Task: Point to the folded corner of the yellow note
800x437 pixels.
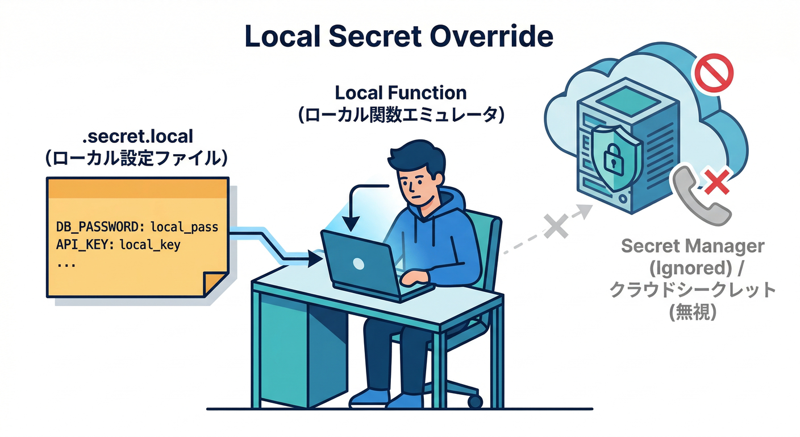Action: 216,284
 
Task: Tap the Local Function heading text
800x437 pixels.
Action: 401,93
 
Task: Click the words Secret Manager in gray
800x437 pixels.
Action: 692,246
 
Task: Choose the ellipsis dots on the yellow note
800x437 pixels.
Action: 67,265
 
